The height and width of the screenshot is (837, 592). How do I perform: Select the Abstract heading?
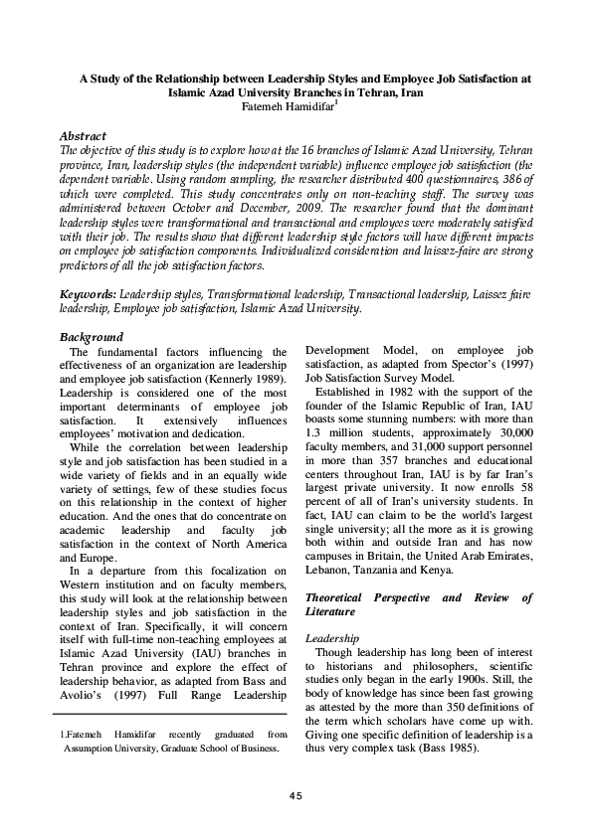coord(83,134)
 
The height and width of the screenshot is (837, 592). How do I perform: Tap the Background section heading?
coord(92,337)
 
